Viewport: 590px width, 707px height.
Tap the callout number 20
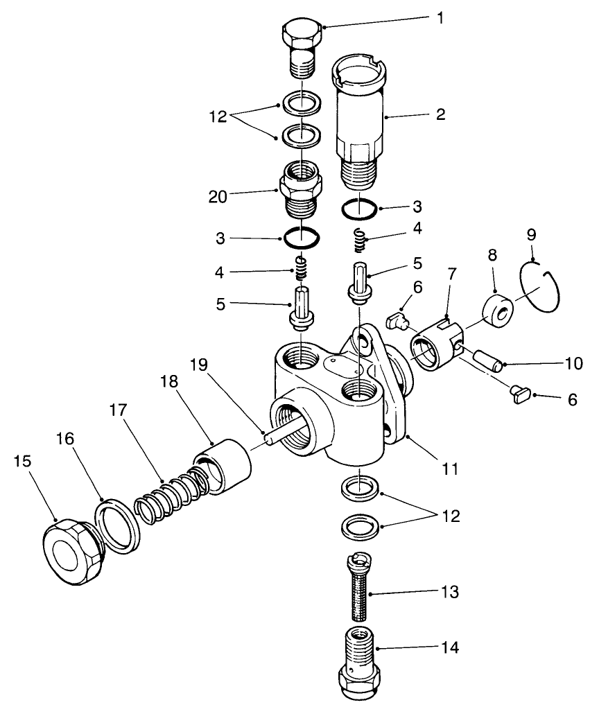tap(218, 197)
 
